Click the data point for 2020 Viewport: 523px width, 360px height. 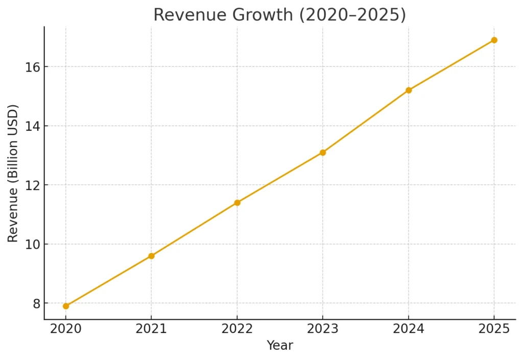point(66,306)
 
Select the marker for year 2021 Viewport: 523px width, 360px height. point(151,256)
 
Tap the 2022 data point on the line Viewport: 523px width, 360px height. point(237,203)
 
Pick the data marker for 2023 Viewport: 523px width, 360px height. point(323,152)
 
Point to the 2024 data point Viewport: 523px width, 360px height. point(409,90)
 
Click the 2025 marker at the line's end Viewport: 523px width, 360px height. point(494,40)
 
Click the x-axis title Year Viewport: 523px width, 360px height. point(280,346)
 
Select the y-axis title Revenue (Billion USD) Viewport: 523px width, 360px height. point(13,173)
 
